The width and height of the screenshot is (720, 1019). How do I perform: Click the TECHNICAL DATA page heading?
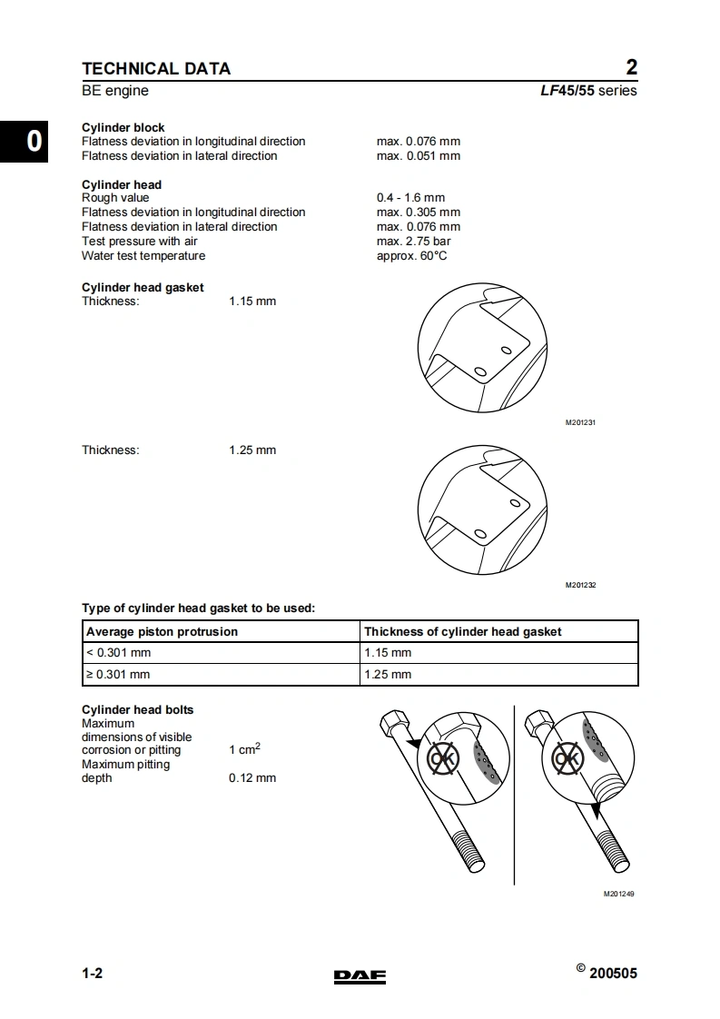pyautogui.click(x=156, y=68)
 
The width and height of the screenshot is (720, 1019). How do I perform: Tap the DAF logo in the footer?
pyautogui.click(x=360, y=976)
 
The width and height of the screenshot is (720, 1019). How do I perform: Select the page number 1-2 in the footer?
pyautogui.click(x=93, y=974)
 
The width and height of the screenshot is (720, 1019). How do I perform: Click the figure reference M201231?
pyautogui.click(x=580, y=423)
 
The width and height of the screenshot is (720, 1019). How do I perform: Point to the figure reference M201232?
pyautogui.click(x=580, y=586)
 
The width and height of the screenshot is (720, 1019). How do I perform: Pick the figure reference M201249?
pyautogui.click(x=618, y=894)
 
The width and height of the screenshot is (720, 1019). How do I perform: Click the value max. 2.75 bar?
pyautogui.click(x=413, y=241)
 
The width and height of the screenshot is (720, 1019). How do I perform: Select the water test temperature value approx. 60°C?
pyautogui.click(x=411, y=255)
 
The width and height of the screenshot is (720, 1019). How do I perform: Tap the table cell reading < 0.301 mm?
pyautogui.click(x=118, y=653)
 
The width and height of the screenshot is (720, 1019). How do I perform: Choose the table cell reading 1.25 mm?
pyautogui.click(x=388, y=675)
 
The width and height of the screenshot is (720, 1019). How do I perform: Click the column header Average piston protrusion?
pyautogui.click(x=162, y=631)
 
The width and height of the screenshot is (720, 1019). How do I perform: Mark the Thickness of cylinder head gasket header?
pyautogui.click(x=462, y=631)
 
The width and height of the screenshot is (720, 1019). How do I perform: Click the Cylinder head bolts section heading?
pyautogui.click(x=137, y=709)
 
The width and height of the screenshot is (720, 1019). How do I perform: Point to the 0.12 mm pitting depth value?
pyautogui.click(x=252, y=777)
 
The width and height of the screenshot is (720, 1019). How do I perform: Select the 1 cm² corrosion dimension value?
pyautogui.click(x=244, y=749)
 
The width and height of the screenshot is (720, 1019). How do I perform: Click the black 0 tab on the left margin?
pyautogui.click(x=33, y=141)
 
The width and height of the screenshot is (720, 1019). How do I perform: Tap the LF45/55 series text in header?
pyautogui.click(x=587, y=91)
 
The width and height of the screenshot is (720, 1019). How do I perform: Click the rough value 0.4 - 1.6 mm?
pyautogui.click(x=410, y=197)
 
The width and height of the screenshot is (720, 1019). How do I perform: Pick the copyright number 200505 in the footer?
pyautogui.click(x=613, y=974)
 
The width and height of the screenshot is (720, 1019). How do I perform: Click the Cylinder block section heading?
pyautogui.click(x=123, y=127)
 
